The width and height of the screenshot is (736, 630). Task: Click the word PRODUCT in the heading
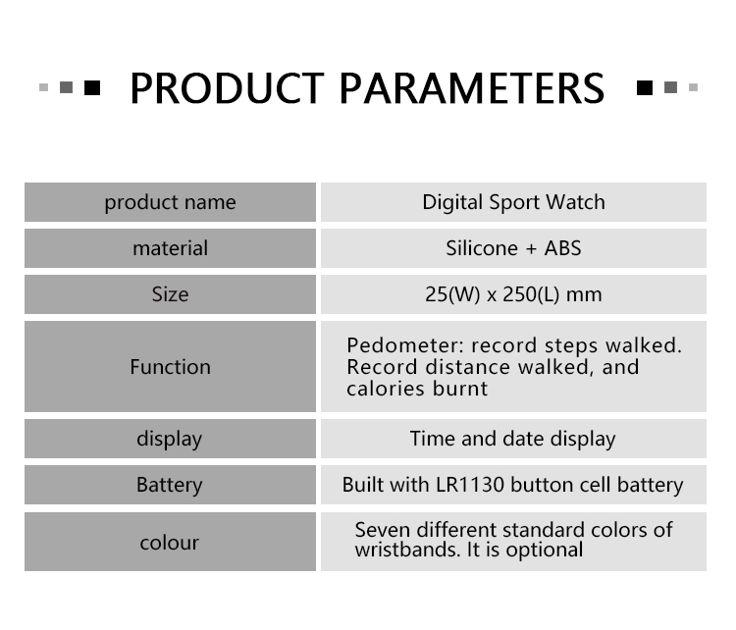[x=227, y=88]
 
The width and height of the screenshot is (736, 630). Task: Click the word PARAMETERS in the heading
[x=472, y=88]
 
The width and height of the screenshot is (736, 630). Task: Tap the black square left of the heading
[x=92, y=87]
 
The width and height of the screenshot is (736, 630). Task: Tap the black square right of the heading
[x=645, y=87]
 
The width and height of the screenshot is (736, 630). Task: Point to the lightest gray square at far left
[x=43, y=87]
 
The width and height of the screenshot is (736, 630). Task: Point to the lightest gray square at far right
[x=693, y=87]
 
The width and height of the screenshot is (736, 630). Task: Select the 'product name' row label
[x=170, y=203]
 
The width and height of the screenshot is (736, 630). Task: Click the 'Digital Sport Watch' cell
[x=513, y=203]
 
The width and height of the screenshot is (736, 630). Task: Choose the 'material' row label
[x=170, y=248]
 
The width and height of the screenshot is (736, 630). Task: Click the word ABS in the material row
[x=562, y=248]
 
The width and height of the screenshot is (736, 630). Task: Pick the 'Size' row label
[x=170, y=294]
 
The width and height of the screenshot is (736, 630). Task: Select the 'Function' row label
[x=170, y=367]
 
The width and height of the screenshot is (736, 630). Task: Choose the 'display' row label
[x=170, y=440]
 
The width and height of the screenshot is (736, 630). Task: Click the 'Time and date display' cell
[x=512, y=440]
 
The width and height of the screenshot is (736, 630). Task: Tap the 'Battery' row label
[x=170, y=486]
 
